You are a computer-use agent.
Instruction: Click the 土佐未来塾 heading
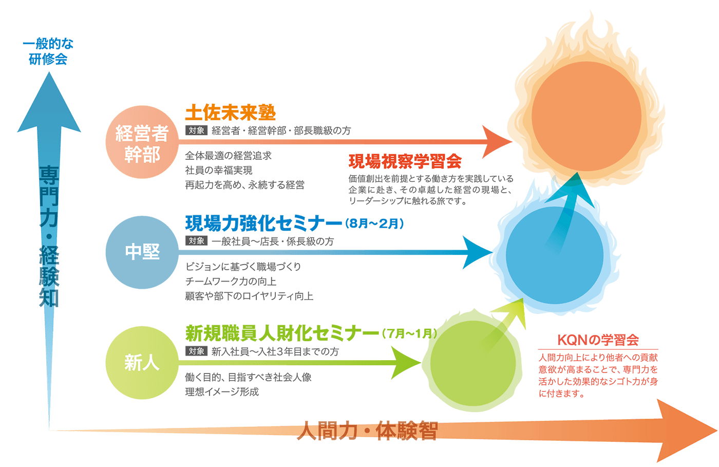click(230, 113)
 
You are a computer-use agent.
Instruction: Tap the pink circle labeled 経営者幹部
click(142, 142)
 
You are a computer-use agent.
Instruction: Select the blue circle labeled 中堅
click(142, 252)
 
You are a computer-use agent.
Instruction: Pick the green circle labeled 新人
click(142, 363)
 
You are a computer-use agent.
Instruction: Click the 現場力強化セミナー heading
click(263, 224)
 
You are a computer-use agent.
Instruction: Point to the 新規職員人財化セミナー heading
click(282, 334)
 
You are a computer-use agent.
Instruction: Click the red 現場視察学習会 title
click(405, 162)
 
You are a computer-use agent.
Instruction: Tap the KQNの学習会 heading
click(598, 340)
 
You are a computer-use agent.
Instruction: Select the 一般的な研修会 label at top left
click(48, 52)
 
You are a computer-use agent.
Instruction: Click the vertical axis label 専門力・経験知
click(49, 236)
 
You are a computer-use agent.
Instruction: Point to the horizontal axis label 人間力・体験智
click(367, 431)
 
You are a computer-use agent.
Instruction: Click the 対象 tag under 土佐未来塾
click(196, 130)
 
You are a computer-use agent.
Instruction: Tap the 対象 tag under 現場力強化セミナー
click(196, 241)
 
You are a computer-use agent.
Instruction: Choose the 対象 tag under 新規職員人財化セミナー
click(196, 351)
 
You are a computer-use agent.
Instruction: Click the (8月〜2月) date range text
click(375, 224)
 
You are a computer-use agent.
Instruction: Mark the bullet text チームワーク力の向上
click(231, 282)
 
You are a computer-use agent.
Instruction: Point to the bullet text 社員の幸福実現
click(219, 171)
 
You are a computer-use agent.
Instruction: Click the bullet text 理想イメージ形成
click(222, 392)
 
